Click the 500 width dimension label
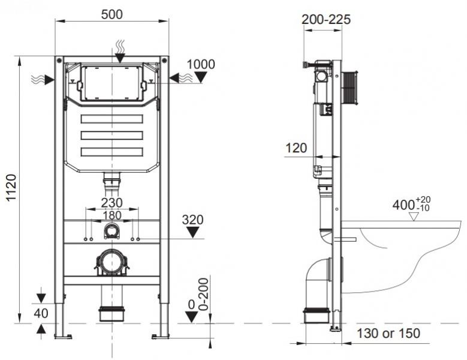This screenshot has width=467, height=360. pos(112,14)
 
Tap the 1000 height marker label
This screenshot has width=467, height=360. pos(201,64)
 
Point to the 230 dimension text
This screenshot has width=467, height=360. pos(112,203)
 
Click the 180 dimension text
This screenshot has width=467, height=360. pos(112,215)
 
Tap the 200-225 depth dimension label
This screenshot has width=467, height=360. pos(326,19)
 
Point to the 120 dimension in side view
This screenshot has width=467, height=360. pos(296,148)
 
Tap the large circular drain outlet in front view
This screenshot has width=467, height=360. pos(112,263)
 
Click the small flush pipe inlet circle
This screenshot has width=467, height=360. pos(112,230)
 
